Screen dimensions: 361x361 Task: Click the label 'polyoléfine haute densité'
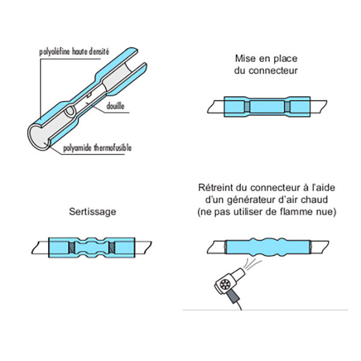pos(74,52)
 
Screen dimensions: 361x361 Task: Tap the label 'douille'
pos(116,106)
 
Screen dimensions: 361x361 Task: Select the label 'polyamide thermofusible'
pos(97,148)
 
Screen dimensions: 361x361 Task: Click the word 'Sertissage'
pos(93,212)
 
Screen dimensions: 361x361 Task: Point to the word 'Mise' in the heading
pos(245,58)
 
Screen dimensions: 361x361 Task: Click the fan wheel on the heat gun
pos(224,285)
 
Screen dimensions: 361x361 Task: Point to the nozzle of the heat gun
pos(238,274)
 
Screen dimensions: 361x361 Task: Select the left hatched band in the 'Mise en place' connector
pos(247,106)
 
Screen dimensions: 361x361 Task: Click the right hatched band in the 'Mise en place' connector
pos(287,106)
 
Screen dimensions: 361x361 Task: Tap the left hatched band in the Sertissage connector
pos(72,248)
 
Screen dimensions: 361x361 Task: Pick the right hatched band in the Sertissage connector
pos(112,248)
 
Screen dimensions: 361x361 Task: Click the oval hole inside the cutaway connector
pos(70,111)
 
